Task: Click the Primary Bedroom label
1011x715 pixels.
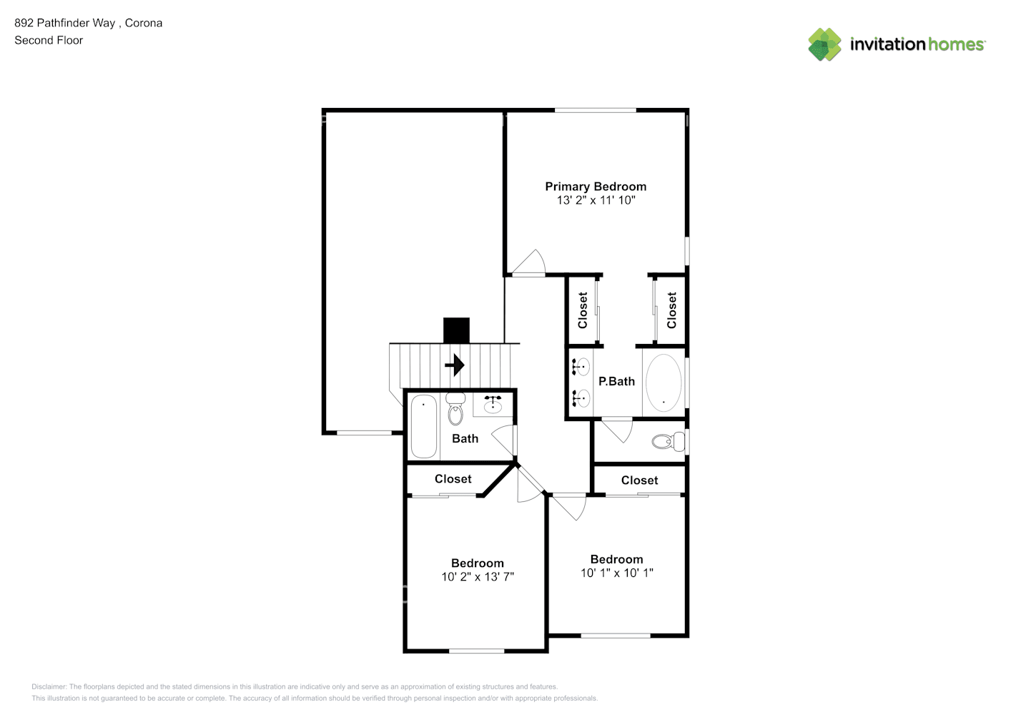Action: (x=596, y=187)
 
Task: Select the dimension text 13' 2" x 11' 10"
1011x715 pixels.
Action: (x=596, y=201)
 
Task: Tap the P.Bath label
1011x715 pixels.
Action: (x=616, y=382)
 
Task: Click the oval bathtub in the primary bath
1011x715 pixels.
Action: (x=664, y=382)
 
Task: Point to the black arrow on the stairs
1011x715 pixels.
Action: (x=455, y=365)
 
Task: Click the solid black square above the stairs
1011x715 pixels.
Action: (x=456, y=330)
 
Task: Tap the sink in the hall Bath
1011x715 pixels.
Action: (x=493, y=405)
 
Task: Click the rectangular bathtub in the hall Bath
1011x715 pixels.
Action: (x=423, y=426)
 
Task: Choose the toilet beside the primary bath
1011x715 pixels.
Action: (x=668, y=442)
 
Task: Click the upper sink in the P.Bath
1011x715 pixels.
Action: (x=581, y=367)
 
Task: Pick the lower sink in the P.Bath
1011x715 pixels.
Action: (x=581, y=397)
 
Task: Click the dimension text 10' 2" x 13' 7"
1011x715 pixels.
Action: (x=477, y=577)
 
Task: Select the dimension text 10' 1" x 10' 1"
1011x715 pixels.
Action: (x=616, y=573)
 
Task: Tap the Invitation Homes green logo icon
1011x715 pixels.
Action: (x=824, y=44)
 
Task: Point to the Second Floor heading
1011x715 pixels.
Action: (x=49, y=41)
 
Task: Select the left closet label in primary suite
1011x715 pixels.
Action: (x=583, y=310)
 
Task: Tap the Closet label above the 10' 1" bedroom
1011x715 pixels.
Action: (x=639, y=480)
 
